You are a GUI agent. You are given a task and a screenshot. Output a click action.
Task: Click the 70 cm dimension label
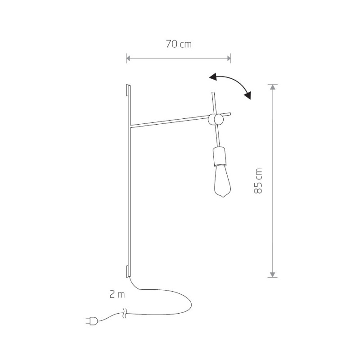point(179,44)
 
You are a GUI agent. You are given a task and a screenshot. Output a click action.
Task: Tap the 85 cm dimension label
point(258,181)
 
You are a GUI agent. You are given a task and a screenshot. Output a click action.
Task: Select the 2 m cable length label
point(117,294)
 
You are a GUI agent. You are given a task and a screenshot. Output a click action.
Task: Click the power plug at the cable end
point(92,321)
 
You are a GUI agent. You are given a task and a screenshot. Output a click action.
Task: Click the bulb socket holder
point(219,157)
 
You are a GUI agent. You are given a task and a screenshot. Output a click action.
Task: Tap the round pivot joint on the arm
point(216,119)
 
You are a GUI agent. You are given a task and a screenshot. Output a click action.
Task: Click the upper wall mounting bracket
point(128,90)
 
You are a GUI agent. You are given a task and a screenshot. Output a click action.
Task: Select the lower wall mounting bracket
point(128,272)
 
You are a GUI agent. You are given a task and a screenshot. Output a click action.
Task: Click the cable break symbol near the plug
point(125,313)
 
